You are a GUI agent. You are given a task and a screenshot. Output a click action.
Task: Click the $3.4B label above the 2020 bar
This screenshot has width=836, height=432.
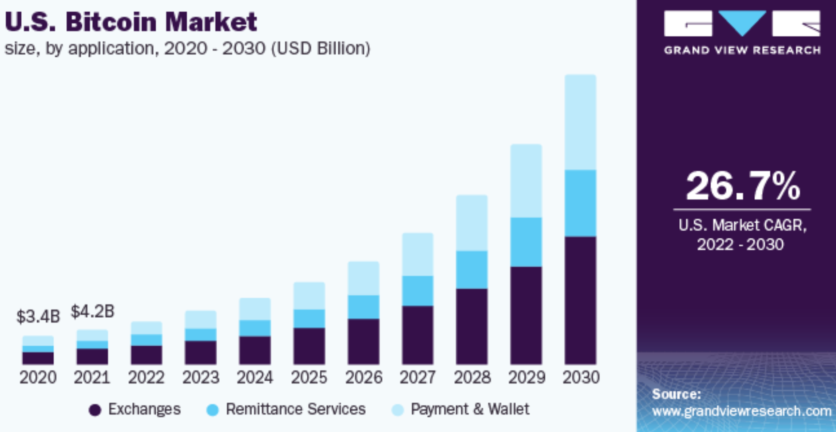pos(38,317)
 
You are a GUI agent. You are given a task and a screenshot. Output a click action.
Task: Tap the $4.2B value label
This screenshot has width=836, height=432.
pos(92,311)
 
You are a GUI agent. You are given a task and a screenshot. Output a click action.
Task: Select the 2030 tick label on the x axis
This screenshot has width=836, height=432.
pos(581,377)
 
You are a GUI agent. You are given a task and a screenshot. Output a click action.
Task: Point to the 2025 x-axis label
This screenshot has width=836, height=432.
pos(309,377)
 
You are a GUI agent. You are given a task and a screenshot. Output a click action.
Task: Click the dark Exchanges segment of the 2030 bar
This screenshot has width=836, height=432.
pos(581,300)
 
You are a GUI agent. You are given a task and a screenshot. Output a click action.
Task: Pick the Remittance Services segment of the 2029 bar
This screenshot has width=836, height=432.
pos(526,242)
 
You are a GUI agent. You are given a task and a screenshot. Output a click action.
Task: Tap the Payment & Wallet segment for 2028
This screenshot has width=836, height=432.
pos(472,223)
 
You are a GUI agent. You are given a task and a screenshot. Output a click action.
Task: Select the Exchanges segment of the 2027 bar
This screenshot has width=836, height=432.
pos(418,335)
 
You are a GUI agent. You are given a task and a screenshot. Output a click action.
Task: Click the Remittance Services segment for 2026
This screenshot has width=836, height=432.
pos(363,307)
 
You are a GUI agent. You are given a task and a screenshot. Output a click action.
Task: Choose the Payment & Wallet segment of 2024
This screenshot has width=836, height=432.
pos(255,309)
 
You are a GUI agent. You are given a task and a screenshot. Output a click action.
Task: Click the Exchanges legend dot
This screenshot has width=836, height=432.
pos(95,410)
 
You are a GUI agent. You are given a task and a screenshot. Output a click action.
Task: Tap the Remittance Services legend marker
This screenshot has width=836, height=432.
pos(212,410)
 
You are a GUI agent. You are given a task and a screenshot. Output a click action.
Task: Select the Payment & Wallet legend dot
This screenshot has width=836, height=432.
pos(397,410)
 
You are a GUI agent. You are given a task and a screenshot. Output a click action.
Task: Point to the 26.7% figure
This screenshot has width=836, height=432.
pos(743,185)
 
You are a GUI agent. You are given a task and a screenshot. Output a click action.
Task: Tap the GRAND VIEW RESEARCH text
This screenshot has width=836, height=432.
pos(742,50)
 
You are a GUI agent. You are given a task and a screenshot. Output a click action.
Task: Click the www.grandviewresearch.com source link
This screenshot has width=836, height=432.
pos(741,411)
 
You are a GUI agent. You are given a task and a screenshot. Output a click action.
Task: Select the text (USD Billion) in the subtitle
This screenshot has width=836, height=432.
pos(321,48)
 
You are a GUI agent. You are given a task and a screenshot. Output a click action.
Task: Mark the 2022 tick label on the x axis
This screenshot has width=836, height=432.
pos(146,377)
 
